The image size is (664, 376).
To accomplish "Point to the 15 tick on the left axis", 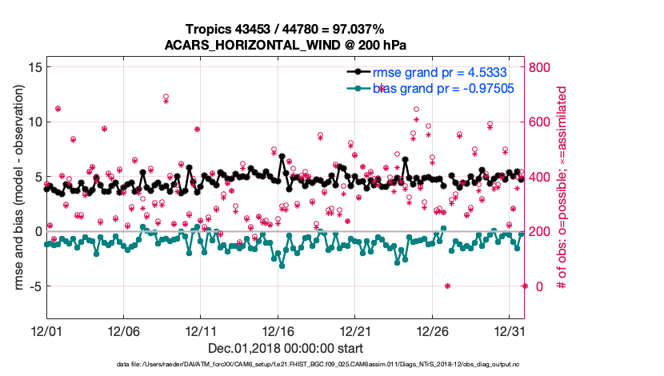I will (x=34, y=67).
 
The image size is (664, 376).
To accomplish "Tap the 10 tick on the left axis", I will (x=34, y=122).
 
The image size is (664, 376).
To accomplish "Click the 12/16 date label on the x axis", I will (x=278, y=330).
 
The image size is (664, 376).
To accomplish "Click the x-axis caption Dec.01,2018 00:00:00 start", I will (x=286, y=348).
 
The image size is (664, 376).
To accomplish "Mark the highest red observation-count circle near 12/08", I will (x=166, y=96).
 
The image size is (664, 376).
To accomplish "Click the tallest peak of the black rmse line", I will (x=282, y=157).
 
